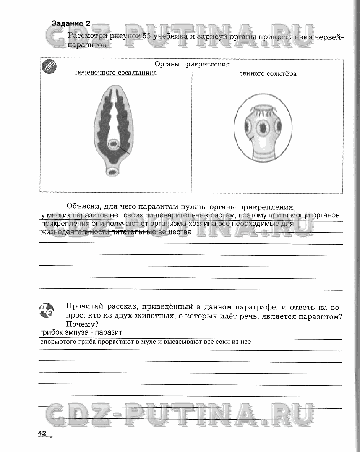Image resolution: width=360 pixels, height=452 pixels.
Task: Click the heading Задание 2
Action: tap(71, 23)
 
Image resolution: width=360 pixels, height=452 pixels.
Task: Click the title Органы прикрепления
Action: tap(192, 65)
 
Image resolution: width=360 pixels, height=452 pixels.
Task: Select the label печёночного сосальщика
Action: tap(116, 73)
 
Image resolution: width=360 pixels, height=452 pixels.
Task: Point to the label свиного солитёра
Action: tap(268, 74)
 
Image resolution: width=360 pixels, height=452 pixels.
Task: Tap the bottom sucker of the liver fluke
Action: tap(113, 172)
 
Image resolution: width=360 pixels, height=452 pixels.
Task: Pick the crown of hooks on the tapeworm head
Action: tap(263, 112)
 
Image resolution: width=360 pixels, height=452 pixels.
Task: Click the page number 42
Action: tap(42, 433)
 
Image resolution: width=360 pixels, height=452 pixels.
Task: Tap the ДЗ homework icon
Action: tap(47, 310)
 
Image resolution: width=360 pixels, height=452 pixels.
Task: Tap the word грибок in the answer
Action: tap(51, 332)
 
